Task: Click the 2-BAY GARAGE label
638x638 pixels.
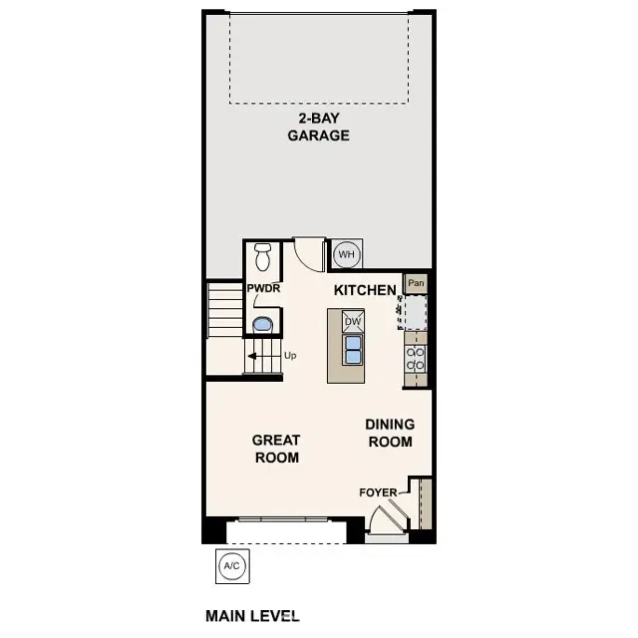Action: (x=319, y=128)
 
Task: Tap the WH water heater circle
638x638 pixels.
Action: (x=346, y=255)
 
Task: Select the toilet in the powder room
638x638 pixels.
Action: (x=263, y=257)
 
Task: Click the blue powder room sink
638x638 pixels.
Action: (x=263, y=324)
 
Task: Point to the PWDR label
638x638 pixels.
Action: (x=263, y=289)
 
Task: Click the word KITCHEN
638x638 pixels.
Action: (x=365, y=289)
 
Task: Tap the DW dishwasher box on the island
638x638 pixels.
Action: (x=353, y=322)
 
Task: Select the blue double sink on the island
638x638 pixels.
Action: (x=353, y=349)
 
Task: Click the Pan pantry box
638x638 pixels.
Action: (x=416, y=283)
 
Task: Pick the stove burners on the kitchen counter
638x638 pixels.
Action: (x=416, y=359)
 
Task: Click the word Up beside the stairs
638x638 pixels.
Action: (x=291, y=355)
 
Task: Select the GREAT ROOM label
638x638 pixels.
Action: (x=276, y=449)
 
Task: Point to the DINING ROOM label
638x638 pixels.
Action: (x=390, y=432)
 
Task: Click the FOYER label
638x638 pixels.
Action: (x=379, y=492)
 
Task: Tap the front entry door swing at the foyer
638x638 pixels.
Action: (x=385, y=518)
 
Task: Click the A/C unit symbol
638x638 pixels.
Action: (x=231, y=566)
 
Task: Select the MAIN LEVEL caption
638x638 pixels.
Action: (x=252, y=616)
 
